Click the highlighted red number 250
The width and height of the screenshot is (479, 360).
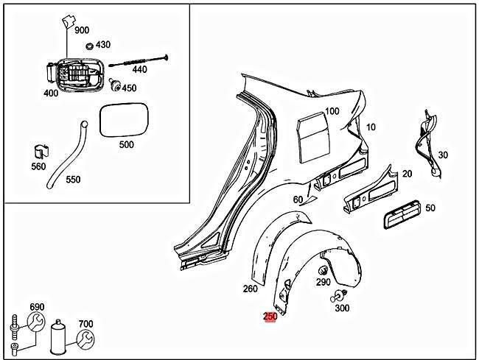(x=270, y=317)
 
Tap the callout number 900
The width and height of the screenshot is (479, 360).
(x=82, y=30)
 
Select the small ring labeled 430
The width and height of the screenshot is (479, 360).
(x=90, y=46)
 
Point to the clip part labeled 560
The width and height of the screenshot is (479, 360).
(x=41, y=152)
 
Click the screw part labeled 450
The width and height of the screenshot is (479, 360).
(x=115, y=85)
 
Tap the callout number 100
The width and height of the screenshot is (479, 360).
(x=332, y=111)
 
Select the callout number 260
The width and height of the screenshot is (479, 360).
(x=250, y=289)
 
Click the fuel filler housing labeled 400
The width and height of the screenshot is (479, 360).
(x=72, y=75)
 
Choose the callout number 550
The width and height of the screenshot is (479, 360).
(x=73, y=179)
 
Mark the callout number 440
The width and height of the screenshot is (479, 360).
(x=139, y=69)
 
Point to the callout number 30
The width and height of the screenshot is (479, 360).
(x=442, y=155)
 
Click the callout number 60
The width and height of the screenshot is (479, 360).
(x=298, y=200)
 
